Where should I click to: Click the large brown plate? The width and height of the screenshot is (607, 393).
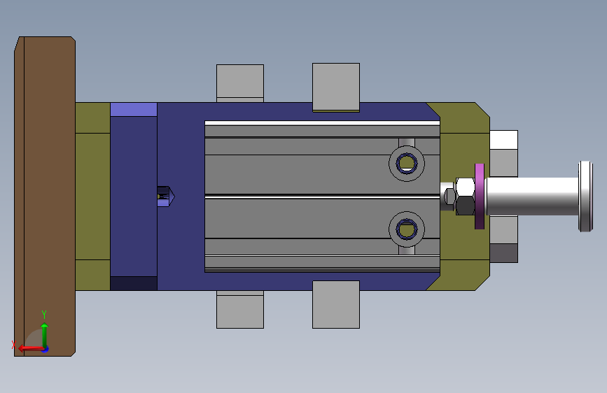click(45, 196)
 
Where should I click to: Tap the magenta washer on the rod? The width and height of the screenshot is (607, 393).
click(480, 196)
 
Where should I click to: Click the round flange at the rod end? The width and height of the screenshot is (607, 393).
click(585, 196)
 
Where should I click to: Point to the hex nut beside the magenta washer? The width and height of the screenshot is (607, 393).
click(465, 196)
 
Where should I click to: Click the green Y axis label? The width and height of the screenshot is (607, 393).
click(43, 314)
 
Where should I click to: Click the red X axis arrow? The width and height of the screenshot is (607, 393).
click(30, 348)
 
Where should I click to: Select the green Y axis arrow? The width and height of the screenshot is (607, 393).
click(44, 335)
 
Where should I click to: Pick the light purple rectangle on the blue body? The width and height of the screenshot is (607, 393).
click(134, 110)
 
